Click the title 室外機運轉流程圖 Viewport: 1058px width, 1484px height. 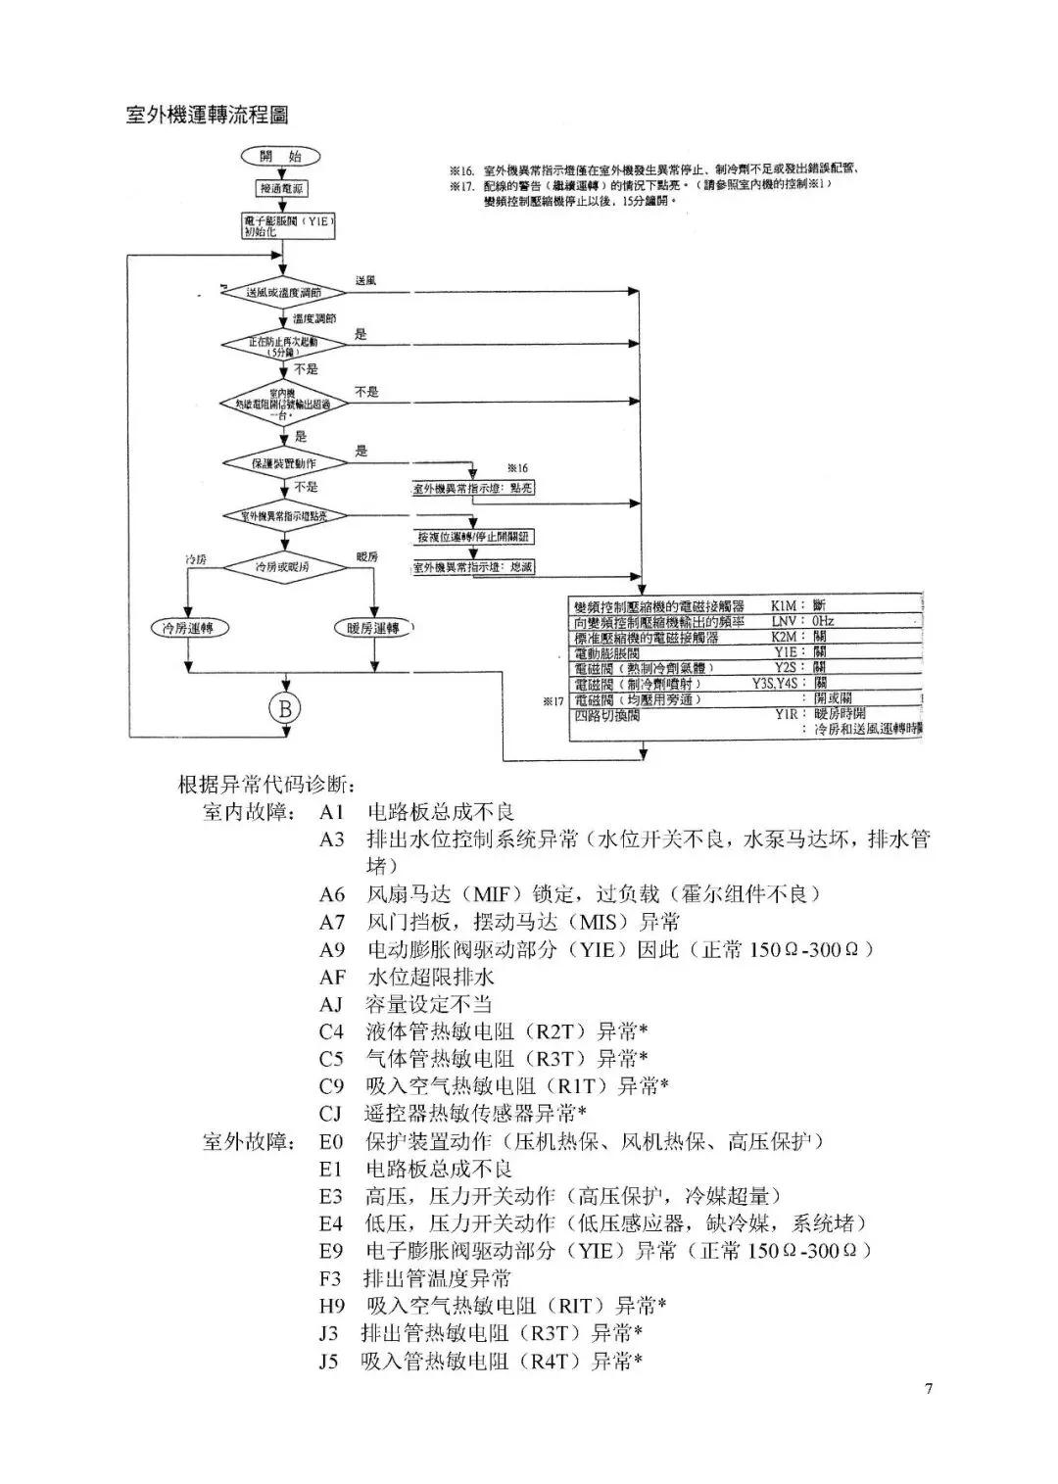click(208, 116)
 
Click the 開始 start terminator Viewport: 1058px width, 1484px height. click(281, 157)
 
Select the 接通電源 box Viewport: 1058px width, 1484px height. click(281, 188)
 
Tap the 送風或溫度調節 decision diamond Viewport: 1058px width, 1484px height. click(283, 292)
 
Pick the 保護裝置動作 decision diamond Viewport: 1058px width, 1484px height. click(283, 462)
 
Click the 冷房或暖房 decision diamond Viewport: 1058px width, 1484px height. click(283, 567)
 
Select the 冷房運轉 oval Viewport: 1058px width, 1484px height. click(188, 628)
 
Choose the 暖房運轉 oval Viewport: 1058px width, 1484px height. click(374, 628)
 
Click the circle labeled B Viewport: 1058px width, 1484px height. click(285, 708)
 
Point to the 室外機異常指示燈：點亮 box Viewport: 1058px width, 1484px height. click(473, 488)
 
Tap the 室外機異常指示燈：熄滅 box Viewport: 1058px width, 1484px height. click(473, 567)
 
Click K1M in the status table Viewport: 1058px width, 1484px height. click(784, 606)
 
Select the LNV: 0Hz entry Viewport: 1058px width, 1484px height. click(801, 621)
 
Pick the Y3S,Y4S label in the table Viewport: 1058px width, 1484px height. click(779, 683)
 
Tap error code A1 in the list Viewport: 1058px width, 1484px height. click(331, 812)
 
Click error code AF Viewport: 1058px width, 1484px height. click(332, 977)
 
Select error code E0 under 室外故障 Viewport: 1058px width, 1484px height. click(331, 1141)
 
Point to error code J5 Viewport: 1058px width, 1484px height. click(328, 1361)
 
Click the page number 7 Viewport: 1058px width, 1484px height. click(928, 1388)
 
